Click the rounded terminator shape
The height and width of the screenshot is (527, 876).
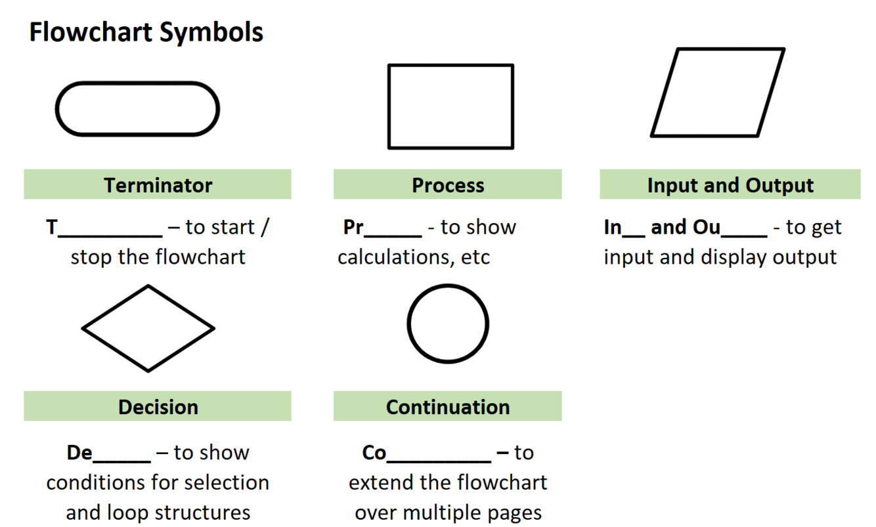point(137,109)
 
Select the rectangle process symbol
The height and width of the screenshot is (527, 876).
point(450,106)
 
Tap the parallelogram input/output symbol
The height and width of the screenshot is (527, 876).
point(718,93)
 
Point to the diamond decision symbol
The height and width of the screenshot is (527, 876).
point(148,328)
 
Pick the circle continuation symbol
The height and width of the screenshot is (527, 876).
point(448,324)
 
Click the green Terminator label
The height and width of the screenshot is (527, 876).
point(158,185)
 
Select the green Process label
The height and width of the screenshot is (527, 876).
point(448,185)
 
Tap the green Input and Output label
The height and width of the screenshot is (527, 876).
point(730,185)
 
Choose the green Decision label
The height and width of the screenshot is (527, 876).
point(158,407)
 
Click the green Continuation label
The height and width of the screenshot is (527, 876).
point(448,407)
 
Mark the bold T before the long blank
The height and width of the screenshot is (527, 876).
point(52,228)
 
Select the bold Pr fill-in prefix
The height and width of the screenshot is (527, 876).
point(353,228)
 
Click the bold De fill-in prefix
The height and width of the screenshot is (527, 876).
point(79,453)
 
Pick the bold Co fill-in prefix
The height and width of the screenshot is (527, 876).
point(374,453)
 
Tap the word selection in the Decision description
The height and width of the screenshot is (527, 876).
point(227,482)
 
